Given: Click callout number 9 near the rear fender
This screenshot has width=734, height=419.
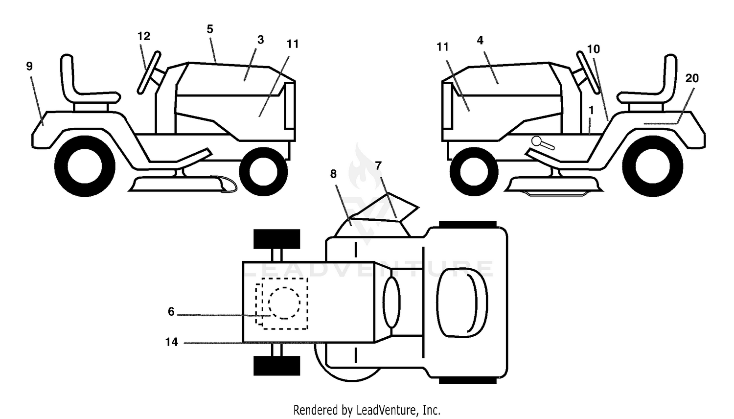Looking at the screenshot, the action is tap(29, 66).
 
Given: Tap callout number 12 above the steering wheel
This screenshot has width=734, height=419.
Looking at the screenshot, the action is tap(144, 36).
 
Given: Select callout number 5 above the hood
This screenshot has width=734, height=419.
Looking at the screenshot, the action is tap(210, 29).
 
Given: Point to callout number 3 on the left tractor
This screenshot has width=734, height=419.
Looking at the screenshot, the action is tap(260, 40).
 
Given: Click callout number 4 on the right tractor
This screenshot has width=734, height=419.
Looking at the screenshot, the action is tap(480, 40).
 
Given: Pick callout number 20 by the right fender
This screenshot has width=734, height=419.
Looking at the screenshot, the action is tap(692, 78).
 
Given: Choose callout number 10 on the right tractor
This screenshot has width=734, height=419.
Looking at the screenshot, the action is tap(594, 49).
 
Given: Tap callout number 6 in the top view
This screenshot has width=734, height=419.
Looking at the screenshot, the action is tap(171, 311).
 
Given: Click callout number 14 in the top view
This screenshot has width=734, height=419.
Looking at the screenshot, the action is tap(172, 342).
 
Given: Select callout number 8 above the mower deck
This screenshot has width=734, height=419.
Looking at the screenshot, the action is tap(333, 174).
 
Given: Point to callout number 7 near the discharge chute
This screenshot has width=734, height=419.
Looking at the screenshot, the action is tap(378, 166).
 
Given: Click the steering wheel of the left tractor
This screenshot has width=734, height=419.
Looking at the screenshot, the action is tap(149, 72).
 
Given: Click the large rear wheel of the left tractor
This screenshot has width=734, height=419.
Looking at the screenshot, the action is tap(85, 166).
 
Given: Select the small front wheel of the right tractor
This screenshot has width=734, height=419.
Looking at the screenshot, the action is tap(474, 171).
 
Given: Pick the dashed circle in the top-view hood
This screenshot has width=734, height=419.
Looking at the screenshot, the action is tap(284, 303).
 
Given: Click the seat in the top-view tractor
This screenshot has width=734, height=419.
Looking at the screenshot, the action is tap(462, 302).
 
